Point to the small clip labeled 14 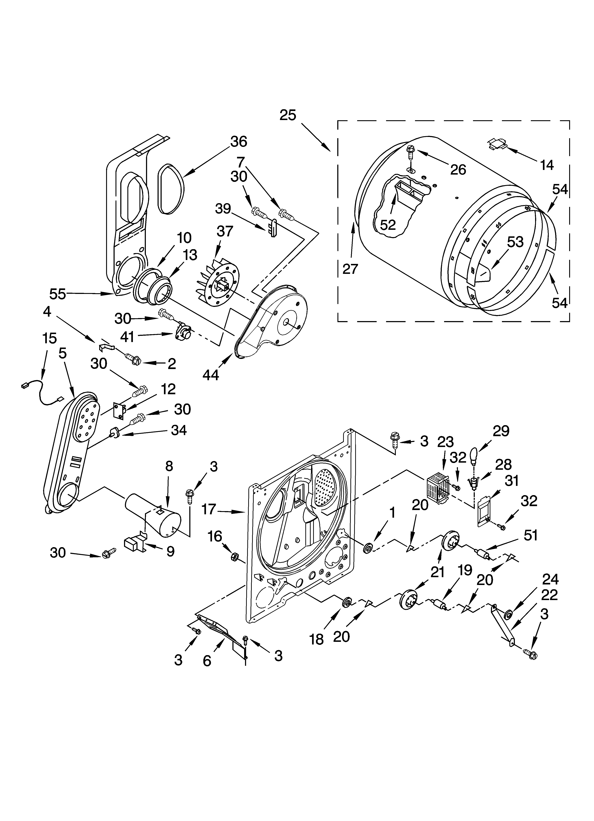click(x=498, y=144)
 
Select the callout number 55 click(x=58, y=294)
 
